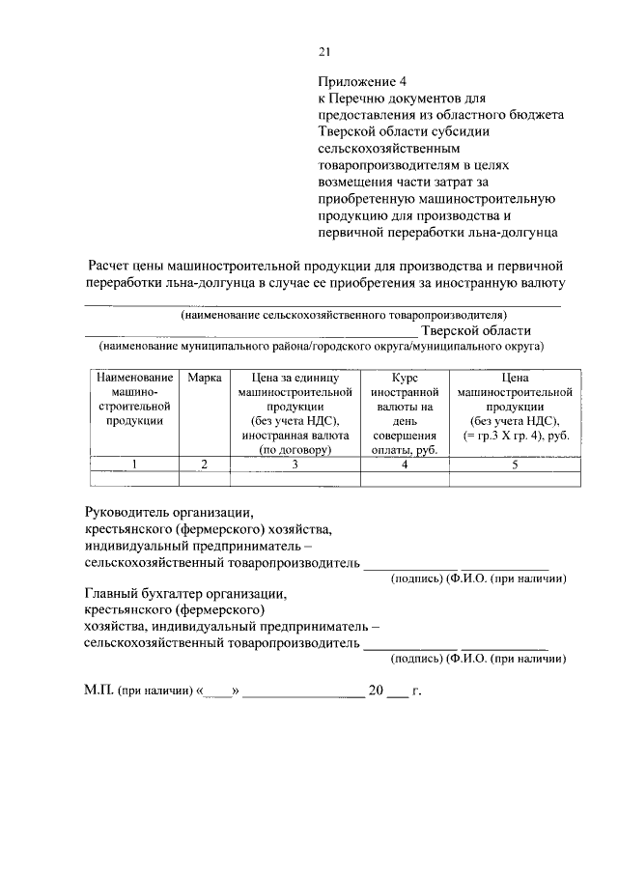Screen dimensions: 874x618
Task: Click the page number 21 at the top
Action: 324,53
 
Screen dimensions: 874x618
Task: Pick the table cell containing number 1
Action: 134,465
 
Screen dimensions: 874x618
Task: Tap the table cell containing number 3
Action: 294,465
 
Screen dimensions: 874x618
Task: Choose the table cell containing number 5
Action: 515,465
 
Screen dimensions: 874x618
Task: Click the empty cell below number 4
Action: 405,478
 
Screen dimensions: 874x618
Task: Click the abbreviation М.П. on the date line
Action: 99,691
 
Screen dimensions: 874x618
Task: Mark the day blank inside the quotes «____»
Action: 219,692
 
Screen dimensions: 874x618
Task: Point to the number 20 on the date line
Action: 376,691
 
